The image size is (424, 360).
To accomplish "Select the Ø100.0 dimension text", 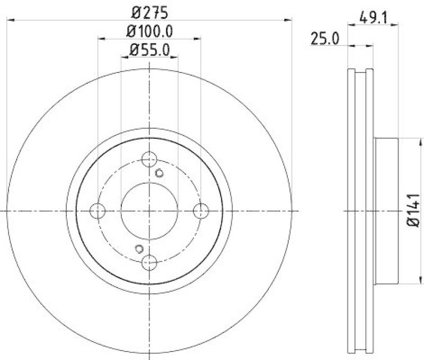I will click(x=150, y=30).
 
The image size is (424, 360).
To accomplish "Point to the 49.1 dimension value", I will click(x=374, y=17).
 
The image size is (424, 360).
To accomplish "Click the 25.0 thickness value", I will click(x=325, y=39).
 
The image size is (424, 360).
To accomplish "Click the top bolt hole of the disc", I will click(x=151, y=159).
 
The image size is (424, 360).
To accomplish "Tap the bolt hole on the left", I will click(x=98, y=211).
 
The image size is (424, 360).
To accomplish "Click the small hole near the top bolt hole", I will click(x=159, y=172).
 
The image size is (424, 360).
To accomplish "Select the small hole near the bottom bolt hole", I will click(x=139, y=249).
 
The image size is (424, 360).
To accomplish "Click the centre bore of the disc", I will click(x=149, y=211).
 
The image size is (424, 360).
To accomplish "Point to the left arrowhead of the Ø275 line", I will click(x=11, y=20).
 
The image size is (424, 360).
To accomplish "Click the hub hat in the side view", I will click(x=386, y=211).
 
